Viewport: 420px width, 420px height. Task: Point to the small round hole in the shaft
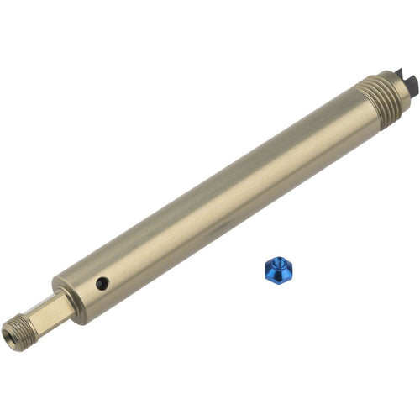coord(101,284)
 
